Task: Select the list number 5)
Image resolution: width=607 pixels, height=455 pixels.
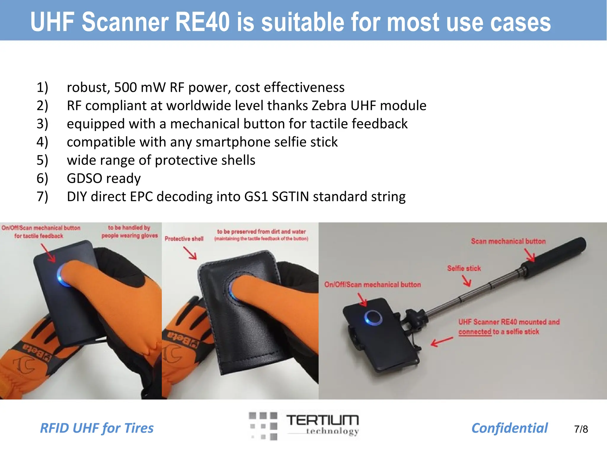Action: point(42,160)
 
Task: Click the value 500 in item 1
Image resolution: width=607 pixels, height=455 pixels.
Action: point(125,87)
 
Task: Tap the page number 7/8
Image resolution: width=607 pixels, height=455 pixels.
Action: point(581,429)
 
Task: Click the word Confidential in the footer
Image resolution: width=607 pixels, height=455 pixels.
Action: point(509,428)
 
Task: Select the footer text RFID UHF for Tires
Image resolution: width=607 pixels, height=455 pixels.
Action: point(97,428)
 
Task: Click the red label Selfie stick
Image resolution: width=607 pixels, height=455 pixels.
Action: point(464,268)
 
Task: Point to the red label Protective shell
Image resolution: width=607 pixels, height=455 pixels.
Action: point(184,239)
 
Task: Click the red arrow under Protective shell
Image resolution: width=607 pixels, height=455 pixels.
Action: point(190,253)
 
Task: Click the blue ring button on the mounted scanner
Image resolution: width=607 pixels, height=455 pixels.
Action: point(373,318)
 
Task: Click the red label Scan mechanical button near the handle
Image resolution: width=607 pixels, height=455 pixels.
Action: point(508,241)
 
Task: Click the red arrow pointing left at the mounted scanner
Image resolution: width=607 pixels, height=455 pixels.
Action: point(442,342)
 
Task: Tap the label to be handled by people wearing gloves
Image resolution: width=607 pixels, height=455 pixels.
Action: point(130,232)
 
